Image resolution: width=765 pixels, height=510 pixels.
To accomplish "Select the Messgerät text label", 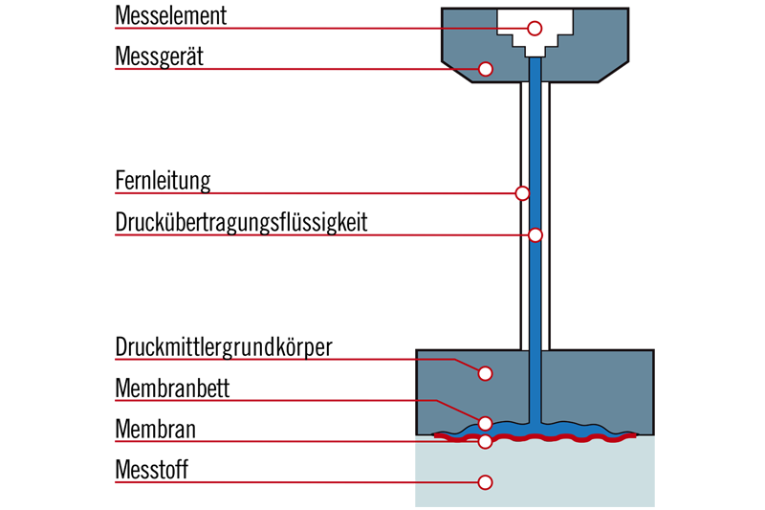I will [159, 57].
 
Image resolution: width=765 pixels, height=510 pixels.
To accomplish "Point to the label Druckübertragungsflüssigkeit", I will [241, 223].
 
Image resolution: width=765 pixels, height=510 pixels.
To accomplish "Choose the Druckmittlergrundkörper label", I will [224, 346].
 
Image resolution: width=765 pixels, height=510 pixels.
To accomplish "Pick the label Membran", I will [155, 430].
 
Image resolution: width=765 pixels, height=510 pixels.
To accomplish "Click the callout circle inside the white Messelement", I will [535, 28].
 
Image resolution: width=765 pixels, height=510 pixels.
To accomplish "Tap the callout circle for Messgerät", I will [485, 69].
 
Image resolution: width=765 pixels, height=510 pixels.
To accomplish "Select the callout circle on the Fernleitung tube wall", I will [522, 193].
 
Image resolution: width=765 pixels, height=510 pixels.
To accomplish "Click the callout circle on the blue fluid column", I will [535, 234].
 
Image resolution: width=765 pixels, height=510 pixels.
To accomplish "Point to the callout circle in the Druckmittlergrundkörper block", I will [485, 373].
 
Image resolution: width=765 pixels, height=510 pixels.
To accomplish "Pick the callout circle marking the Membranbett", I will [485, 423].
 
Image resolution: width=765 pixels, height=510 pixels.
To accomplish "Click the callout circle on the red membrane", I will [485, 441].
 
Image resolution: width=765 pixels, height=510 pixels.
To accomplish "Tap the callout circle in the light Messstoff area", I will [485, 482].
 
